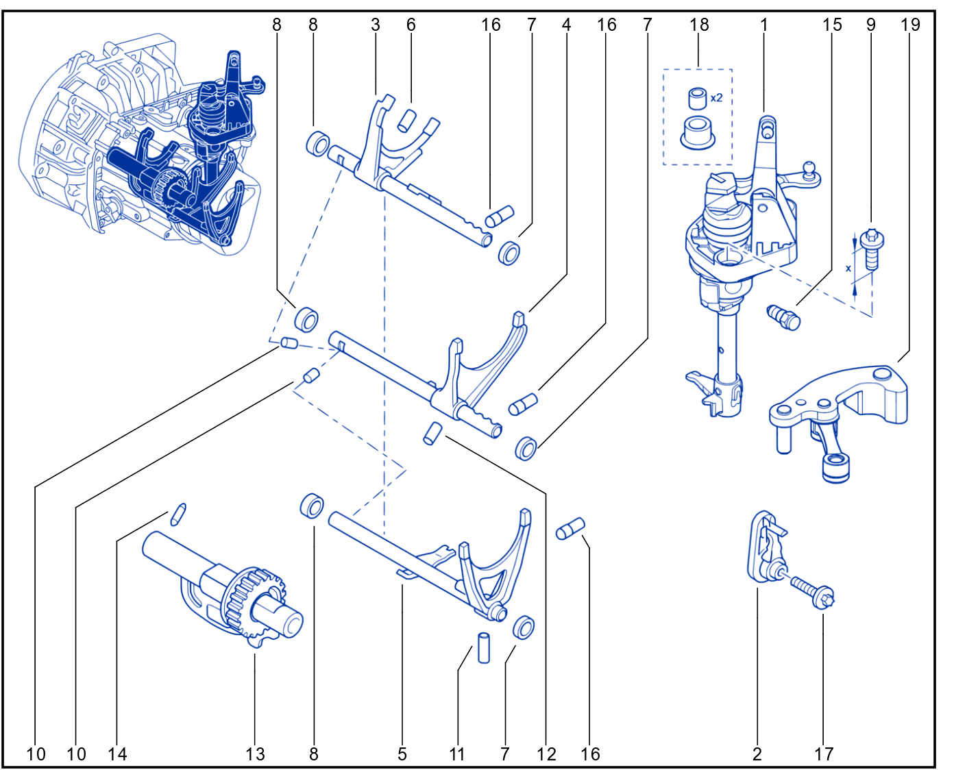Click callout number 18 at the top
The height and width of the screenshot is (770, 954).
(x=698, y=25)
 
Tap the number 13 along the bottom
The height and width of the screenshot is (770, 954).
(x=255, y=754)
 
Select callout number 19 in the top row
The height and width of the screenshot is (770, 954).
(x=910, y=25)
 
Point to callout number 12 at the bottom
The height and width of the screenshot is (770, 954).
(x=546, y=754)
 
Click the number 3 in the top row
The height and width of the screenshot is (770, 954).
(x=376, y=25)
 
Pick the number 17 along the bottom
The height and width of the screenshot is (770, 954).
(x=824, y=754)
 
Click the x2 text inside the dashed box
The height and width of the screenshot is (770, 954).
(x=716, y=97)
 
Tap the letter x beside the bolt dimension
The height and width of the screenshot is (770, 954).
(x=848, y=269)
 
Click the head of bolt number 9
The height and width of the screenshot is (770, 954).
(x=872, y=237)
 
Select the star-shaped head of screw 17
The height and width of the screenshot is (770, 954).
(x=825, y=597)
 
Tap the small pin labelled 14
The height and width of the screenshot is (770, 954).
(x=178, y=514)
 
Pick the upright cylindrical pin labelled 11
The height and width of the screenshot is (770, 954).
(x=484, y=647)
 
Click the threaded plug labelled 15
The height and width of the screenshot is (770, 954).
(x=783, y=317)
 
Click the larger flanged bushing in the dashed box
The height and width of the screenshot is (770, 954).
(x=698, y=132)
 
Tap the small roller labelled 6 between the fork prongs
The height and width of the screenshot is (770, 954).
(x=408, y=120)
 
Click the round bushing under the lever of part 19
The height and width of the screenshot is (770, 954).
(x=835, y=469)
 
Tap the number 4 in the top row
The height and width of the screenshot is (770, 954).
(x=566, y=25)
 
